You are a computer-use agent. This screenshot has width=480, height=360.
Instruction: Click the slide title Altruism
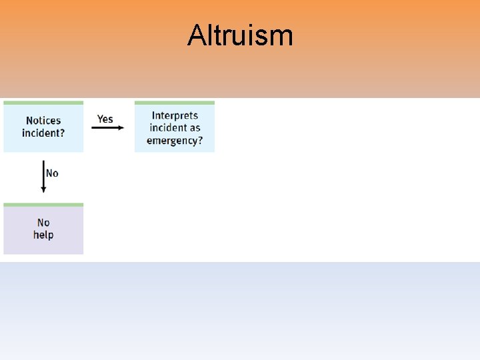pyautogui.click(x=240, y=35)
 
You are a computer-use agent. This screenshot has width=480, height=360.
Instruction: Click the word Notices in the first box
pyautogui.click(x=43, y=121)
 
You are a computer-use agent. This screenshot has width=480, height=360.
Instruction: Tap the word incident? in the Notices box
pyautogui.click(x=43, y=133)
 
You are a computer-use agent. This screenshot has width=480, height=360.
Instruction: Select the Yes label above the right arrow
pyautogui.click(x=105, y=119)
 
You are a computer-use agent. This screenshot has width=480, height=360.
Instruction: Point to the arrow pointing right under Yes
pyautogui.click(x=107, y=127)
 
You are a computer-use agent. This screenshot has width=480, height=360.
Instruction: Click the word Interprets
pyautogui.click(x=175, y=115)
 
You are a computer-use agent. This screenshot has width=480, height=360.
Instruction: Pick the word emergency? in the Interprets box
pyautogui.click(x=175, y=141)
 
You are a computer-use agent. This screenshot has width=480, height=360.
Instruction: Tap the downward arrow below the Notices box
pyautogui.click(x=43, y=176)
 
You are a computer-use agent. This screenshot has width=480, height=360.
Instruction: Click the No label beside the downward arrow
pyautogui.click(x=52, y=173)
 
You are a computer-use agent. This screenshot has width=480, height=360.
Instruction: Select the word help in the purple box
pyautogui.click(x=43, y=235)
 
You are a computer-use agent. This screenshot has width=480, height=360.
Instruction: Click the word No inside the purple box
pyautogui.click(x=43, y=223)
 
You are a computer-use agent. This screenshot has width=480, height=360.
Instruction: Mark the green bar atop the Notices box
pyautogui.click(x=43, y=103)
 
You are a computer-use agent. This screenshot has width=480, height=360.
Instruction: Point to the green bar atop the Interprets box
pyautogui.click(x=175, y=103)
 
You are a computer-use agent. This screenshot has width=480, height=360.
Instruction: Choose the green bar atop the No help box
pyautogui.click(x=43, y=205)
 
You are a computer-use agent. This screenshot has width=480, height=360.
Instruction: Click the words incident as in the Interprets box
pyautogui.click(x=175, y=128)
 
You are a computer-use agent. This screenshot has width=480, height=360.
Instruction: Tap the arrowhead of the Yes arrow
pyautogui.click(x=121, y=127)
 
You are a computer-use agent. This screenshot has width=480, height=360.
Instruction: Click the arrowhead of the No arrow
pyautogui.click(x=43, y=190)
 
